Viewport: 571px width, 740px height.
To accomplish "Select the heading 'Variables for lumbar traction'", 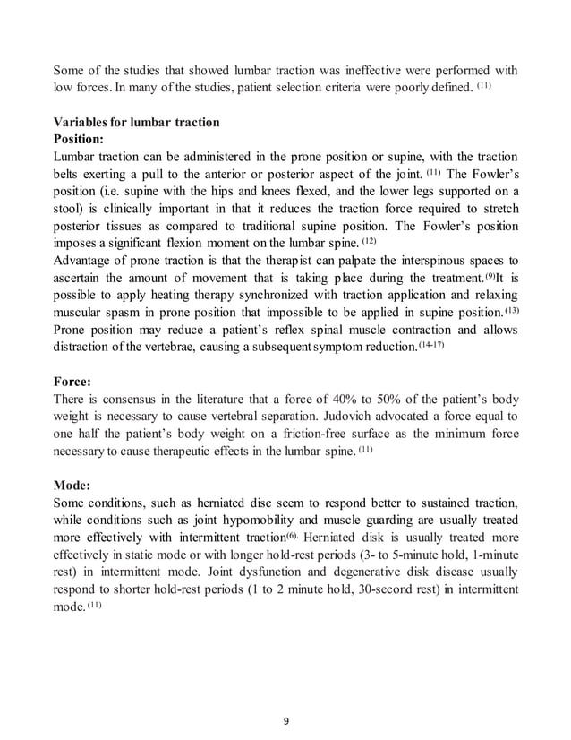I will (x=136, y=123).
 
